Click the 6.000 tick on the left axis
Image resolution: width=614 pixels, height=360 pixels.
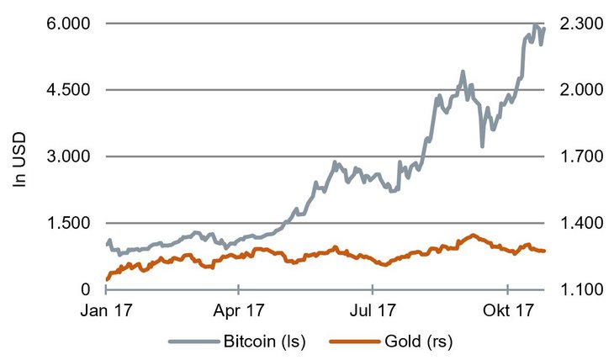pyautogui.click(x=66, y=24)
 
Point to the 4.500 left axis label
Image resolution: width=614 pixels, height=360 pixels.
pyautogui.click(x=66, y=90)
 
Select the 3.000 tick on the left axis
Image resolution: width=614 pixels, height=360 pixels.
pyautogui.click(x=66, y=156)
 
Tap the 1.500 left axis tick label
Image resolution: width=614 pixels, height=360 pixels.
pyautogui.click(x=66, y=223)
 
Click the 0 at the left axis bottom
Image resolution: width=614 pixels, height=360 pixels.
pyautogui.click(x=83, y=289)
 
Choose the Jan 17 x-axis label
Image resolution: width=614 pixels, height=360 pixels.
pyautogui.click(x=106, y=310)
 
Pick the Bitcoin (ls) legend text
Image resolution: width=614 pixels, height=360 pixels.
pyautogui.click(x=264, y=341)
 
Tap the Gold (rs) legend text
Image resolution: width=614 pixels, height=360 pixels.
pyautogui.click(x=419, y=341)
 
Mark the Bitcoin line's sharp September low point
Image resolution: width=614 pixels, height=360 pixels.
pyautogui.click(x=482, y=146)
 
